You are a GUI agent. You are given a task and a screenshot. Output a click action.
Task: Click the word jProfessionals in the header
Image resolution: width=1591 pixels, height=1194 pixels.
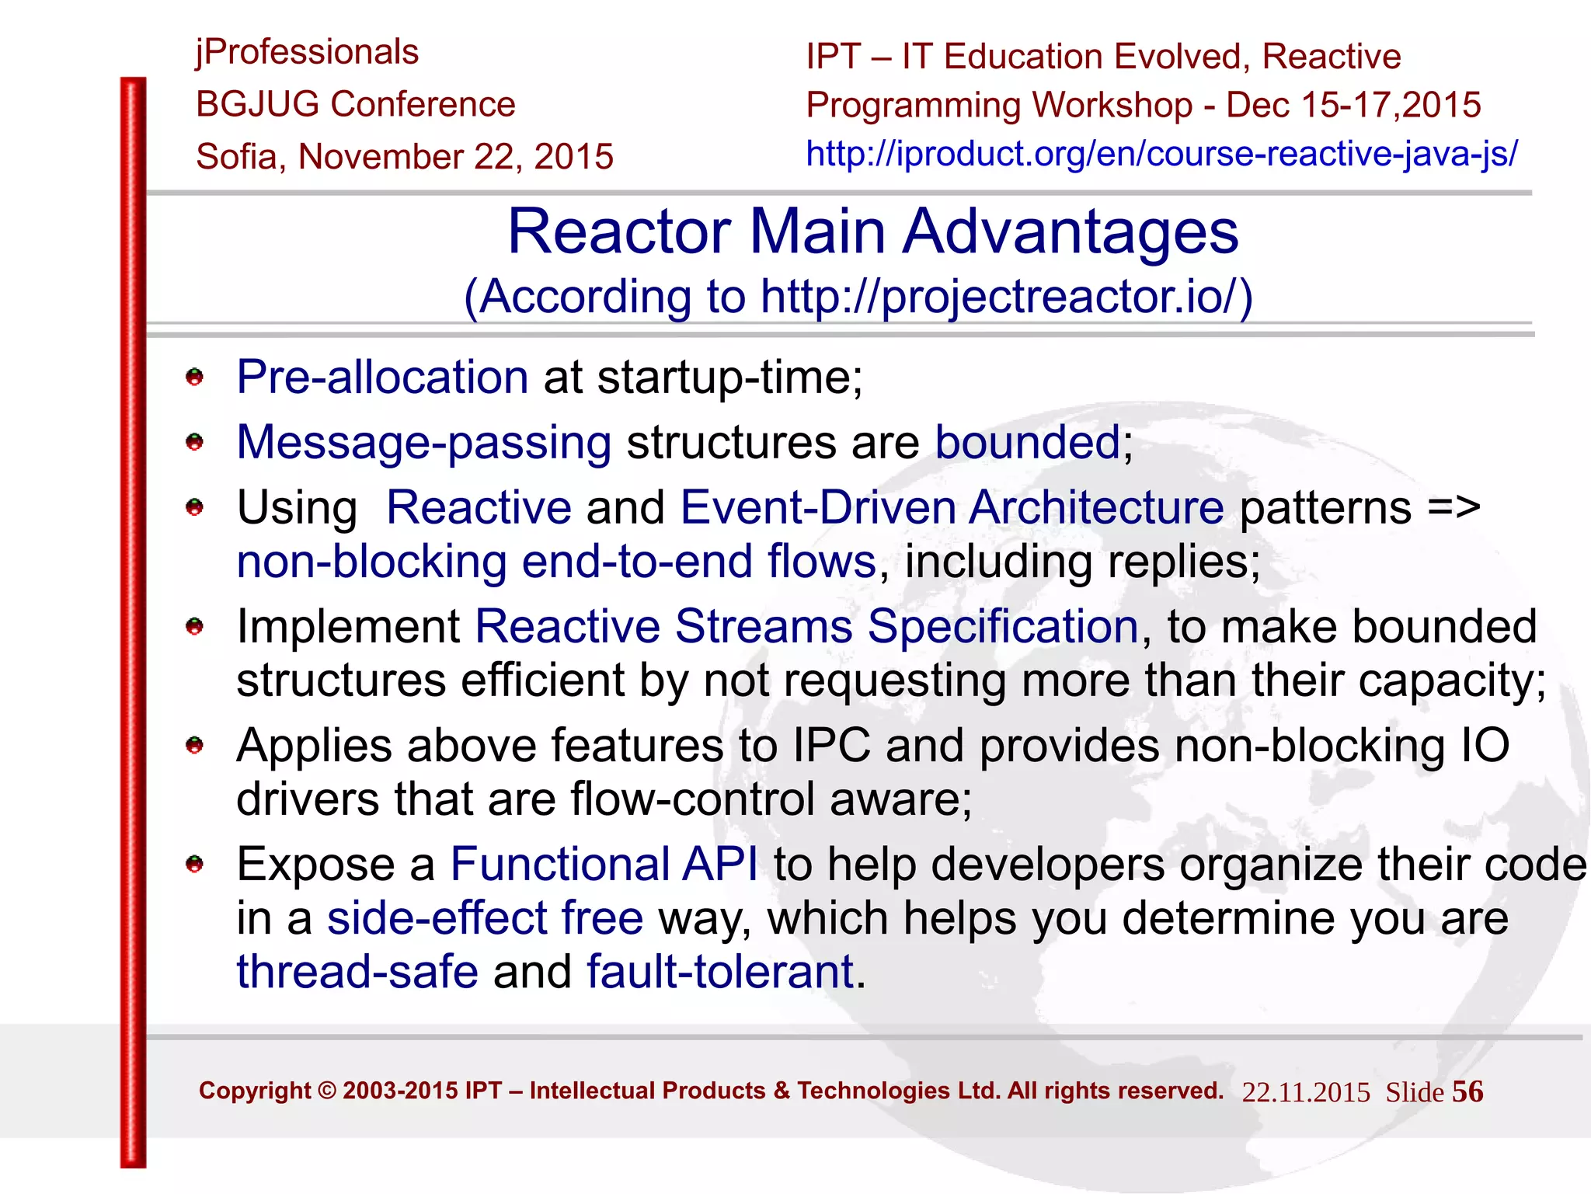tap(307, 53)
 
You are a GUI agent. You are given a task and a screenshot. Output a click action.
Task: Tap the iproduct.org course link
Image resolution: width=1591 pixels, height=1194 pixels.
tap(1161, 154)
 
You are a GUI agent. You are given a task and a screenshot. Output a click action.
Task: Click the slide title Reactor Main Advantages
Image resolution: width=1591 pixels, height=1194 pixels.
tap(872, 231)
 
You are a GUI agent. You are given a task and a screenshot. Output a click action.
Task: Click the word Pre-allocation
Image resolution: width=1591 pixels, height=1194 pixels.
tap(382, 378)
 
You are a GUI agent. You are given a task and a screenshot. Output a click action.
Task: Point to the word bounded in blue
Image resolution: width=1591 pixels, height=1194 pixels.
tap(1027, 443)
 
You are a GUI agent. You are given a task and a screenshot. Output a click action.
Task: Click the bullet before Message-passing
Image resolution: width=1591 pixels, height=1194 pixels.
tap(194, 443)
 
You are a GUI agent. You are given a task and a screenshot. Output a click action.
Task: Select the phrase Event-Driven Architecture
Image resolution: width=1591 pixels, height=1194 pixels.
tap(952, 508)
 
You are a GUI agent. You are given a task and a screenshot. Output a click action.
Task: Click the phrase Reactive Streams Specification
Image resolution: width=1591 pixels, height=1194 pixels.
tap(806, 627)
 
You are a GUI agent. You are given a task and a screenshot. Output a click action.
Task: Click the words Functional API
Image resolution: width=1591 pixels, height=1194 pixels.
tap(604, 865)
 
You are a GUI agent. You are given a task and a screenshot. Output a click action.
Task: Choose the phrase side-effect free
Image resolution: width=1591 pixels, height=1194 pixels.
tap(485, 919)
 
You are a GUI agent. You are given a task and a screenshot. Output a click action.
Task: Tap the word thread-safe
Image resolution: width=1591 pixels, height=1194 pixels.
tap(357, 973)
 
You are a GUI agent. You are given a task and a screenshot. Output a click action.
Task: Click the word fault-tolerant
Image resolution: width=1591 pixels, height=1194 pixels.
tap(720, 973)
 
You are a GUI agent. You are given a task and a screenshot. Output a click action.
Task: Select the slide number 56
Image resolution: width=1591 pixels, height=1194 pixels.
tap(1467, 1092)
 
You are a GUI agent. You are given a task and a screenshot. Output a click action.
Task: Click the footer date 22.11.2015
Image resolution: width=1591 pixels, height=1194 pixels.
tap(1305, 1093)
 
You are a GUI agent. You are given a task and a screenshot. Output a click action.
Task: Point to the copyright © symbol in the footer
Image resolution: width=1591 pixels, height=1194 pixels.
tap(327, 1091)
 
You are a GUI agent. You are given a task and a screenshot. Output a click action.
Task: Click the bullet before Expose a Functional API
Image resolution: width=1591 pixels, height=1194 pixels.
tap(194, 865)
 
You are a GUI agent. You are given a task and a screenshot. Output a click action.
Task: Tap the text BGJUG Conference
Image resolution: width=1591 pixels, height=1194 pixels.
tap(356, 105)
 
